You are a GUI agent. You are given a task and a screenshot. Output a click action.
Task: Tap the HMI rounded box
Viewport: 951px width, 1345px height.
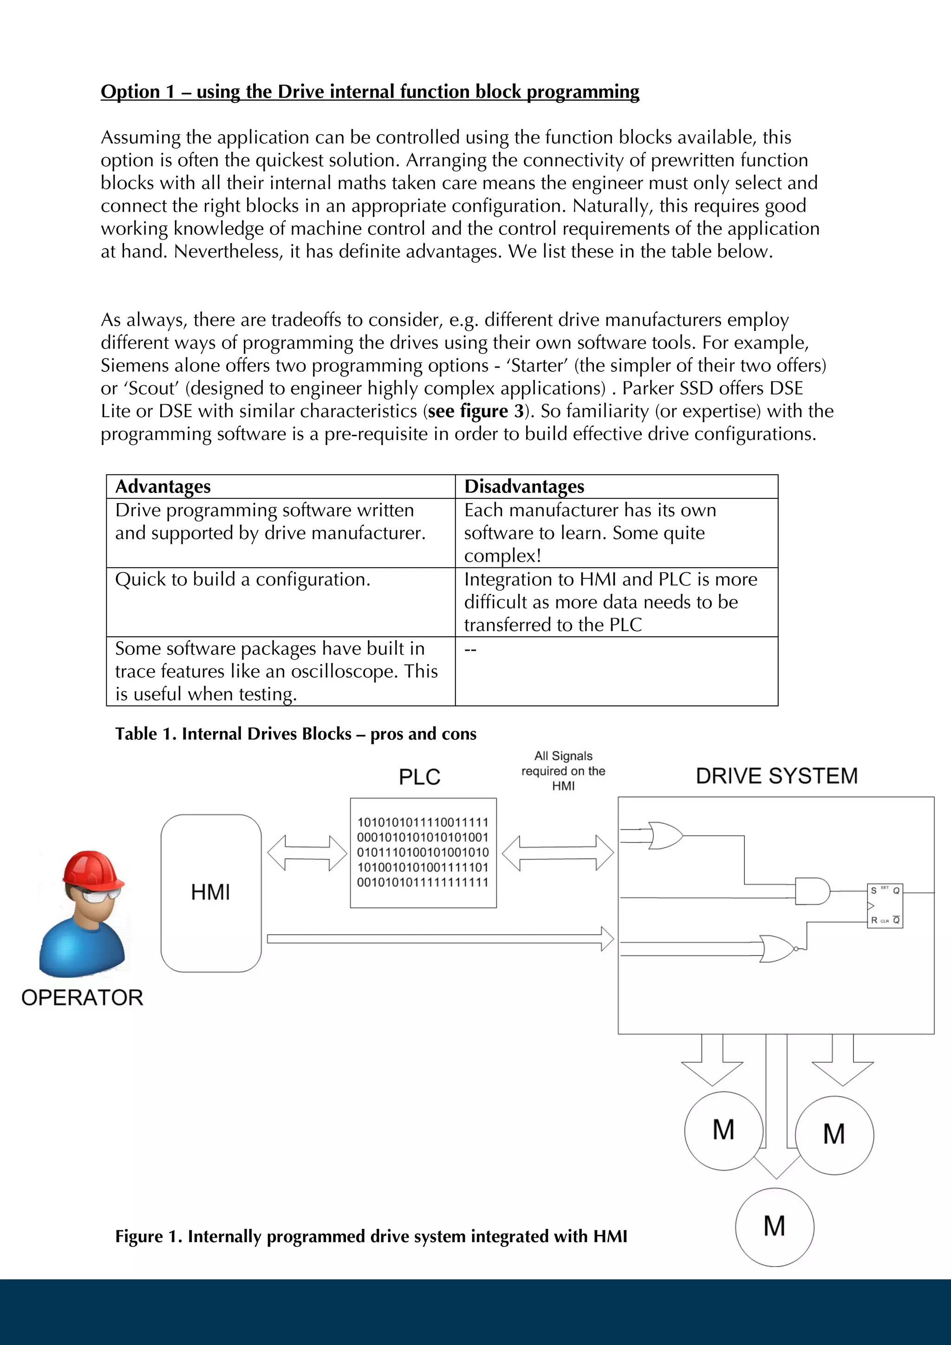coord(211,893)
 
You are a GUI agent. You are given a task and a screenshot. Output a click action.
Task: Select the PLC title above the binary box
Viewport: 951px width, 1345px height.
coord(419,777)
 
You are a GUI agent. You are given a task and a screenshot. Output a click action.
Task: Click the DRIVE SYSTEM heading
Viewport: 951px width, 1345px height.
coord(776,776)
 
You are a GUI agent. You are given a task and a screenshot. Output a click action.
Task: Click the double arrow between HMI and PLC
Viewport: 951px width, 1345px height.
coord(307,853)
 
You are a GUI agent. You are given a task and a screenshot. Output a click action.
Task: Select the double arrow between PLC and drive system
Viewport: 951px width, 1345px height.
coord(558,853)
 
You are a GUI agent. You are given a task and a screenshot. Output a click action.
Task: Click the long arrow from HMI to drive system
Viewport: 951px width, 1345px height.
coord(439,939)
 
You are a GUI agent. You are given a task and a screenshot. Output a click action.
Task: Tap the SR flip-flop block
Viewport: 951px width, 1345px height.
coord(885,905)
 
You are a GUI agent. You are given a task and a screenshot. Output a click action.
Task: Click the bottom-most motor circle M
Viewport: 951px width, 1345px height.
coord(775,1227)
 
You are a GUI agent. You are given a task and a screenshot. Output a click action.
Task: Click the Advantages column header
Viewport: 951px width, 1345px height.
coord(163,486)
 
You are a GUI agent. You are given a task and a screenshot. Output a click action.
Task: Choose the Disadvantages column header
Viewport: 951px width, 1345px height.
coord(524,486)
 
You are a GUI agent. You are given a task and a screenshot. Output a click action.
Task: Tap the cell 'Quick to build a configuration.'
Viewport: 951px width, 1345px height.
coord(242,579)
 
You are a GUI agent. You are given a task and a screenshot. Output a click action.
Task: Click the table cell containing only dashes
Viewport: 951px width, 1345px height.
coord(470,649)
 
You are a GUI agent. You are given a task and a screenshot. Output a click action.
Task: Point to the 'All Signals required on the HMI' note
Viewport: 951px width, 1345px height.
coord(563,771)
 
